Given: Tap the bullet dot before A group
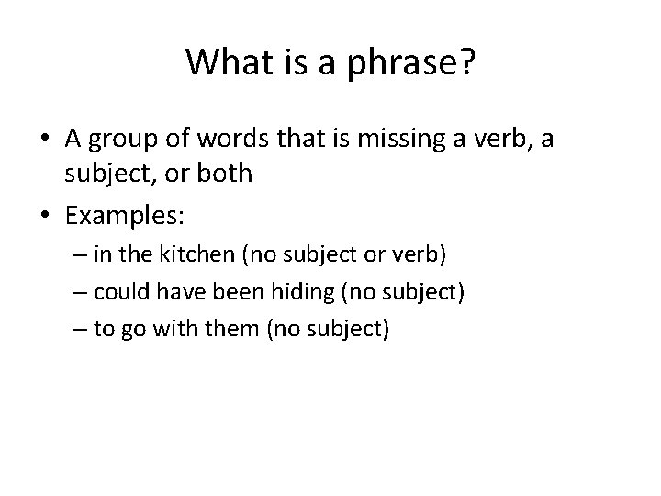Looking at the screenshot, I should coord(46,139).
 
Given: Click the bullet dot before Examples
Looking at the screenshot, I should coord(46,217).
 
